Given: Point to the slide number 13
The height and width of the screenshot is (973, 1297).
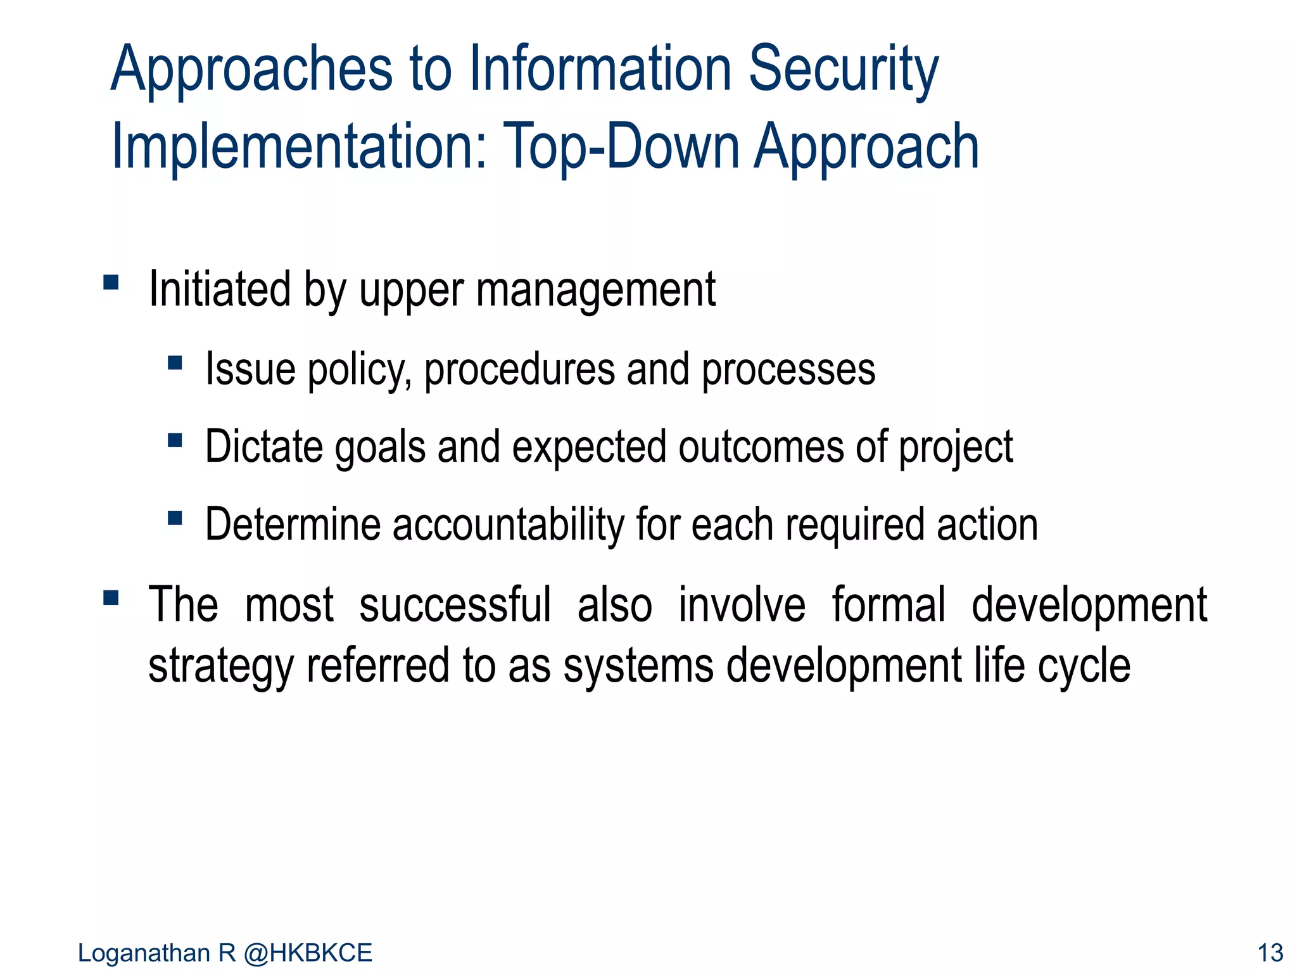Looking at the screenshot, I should tap(1269, 953).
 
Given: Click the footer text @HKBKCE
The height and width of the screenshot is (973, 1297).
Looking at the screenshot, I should tap(308, 953).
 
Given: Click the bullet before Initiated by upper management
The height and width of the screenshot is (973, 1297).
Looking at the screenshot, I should tap(111, 282).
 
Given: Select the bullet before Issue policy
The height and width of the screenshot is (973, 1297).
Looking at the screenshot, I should tap(175, 363).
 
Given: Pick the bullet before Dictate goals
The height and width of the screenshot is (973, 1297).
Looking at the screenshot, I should tap(175, 440).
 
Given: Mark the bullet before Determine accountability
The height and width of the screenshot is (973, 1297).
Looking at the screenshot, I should tap(175, 518).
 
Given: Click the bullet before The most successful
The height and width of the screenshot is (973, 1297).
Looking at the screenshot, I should tap(111, 598).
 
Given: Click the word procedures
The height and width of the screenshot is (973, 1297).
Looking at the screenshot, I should tap(519, 370).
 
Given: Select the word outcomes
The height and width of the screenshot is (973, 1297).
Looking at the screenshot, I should tap(761, 447).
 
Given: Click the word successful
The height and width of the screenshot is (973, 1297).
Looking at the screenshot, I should tap(455, 605).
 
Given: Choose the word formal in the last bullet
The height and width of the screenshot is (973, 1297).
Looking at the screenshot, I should tap(888, 605).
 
